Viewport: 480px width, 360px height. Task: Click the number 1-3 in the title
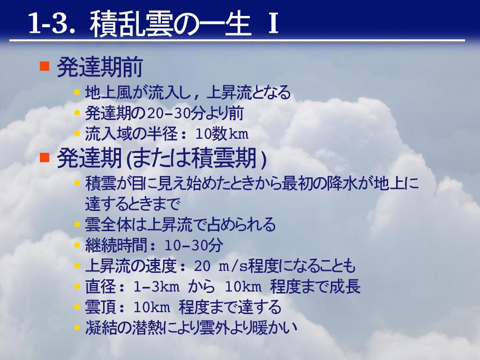(49, 23)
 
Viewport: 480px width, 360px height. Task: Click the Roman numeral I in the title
(273, 23)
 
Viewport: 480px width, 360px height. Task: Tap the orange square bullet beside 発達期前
(45, 66)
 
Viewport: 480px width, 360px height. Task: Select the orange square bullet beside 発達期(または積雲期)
(45, 157)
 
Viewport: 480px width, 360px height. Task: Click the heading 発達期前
(100, 67)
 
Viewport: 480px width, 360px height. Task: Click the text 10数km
(221, 134)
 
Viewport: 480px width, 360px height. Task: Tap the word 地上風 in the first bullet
(108, 93)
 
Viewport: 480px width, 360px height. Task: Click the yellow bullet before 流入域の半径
(77, 134)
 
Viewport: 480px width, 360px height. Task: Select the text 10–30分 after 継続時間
(194, 245)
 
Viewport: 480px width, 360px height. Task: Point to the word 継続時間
(116, 245)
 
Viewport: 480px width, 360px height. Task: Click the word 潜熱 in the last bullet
(147, 328)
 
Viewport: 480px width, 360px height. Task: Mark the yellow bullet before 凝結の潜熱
(77, 327)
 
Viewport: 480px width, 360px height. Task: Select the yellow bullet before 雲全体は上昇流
(77, 225)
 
